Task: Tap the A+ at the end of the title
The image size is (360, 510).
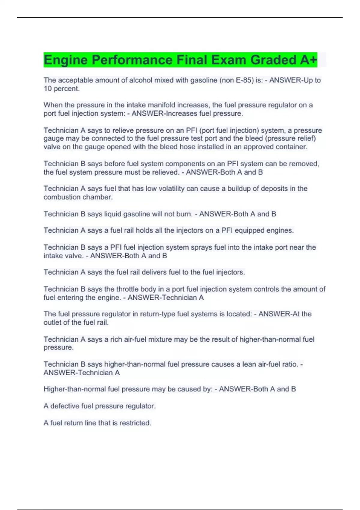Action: click(308, 60)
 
